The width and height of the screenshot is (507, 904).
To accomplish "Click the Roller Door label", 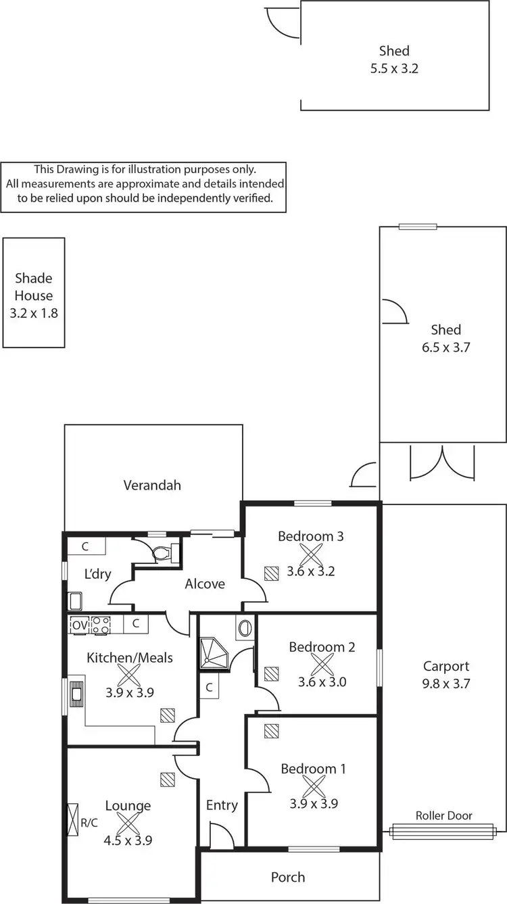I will (x=443, y=815).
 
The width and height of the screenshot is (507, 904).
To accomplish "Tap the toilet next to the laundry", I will (x=162, y=554).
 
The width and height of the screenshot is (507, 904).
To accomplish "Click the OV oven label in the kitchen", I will (x=79, y=625).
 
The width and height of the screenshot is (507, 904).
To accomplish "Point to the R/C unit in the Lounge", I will (x=73, y=819).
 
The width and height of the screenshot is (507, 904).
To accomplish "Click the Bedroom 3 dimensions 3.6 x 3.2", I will (x=311, y=571).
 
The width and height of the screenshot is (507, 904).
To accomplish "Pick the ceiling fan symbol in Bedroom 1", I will (x=314, y=786).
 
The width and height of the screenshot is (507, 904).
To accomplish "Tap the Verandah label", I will (x=152, y=485).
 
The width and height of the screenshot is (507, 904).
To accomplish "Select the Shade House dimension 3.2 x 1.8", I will (x=34, y=313).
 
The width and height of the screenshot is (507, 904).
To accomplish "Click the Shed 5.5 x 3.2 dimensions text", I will (x=394, y=68).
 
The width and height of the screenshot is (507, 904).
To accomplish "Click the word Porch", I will (x=288, y=877).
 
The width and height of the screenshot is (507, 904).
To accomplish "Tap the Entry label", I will (x=222, y=805).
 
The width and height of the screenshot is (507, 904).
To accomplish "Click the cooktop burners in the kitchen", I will (x=101, y=625).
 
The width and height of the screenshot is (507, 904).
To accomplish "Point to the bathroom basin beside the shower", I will (x=245, y=628).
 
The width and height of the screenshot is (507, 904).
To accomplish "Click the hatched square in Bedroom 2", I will (x=271, y=673).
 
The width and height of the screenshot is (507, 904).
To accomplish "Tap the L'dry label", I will (x=98, y=574).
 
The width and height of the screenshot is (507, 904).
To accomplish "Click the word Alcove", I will (x=205, y=583).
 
